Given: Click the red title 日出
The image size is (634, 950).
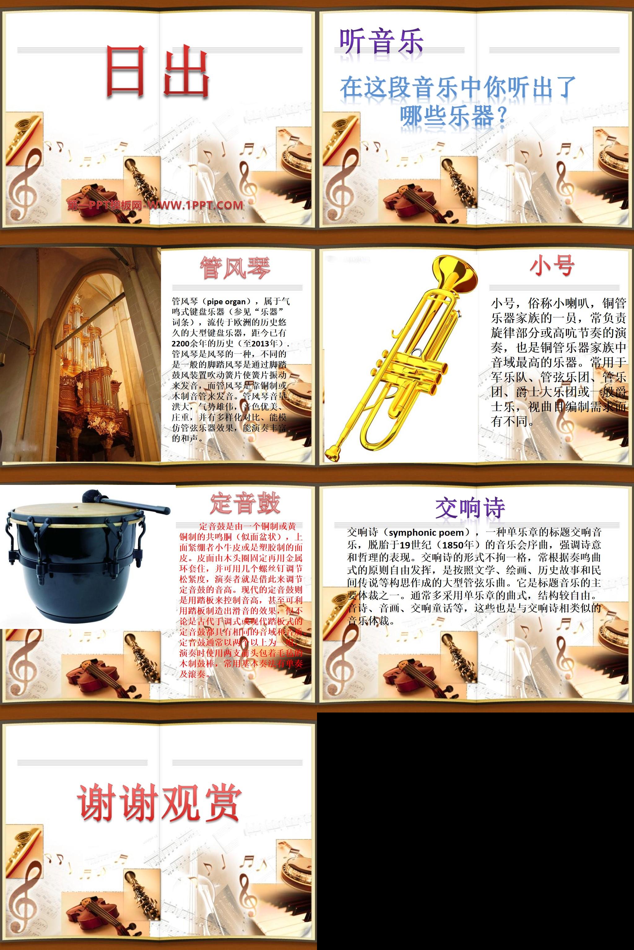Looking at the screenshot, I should pyautogui.click(x=158, y=72).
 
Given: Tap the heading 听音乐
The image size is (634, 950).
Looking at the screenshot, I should pyautogui.click(x=381, y=42).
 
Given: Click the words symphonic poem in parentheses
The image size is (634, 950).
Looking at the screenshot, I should pyautogui.click(x=426, y=532).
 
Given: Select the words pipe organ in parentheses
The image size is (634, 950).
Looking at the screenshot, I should pyautogui.click(x=226, y=302).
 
